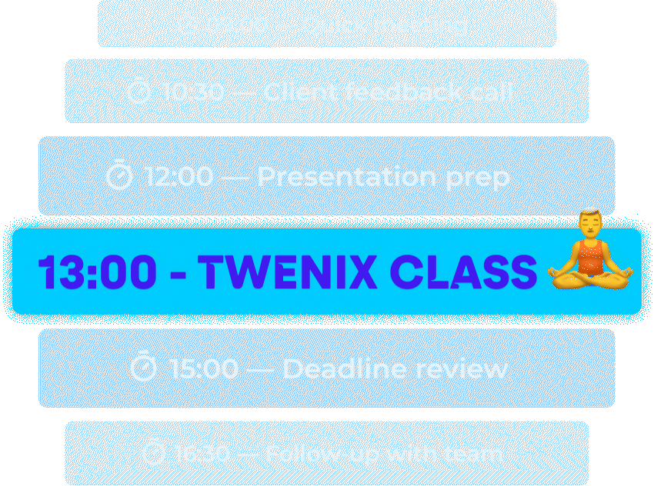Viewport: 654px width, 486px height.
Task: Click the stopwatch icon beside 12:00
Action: (120, 176)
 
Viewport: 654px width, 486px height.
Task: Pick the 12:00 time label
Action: (179, 178)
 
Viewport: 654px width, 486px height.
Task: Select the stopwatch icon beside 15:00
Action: (143, 368)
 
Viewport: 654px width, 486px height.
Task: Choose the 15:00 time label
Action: (203, 369)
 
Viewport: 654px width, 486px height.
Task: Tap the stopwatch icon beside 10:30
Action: (139, 92)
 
